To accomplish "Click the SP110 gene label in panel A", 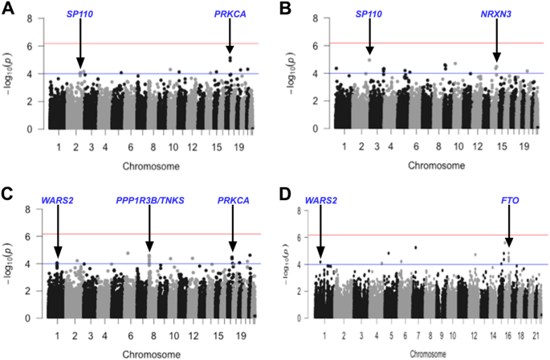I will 79,14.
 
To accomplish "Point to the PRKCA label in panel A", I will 230,14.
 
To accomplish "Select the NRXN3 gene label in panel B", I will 496,14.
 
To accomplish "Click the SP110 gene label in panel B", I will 369,14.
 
